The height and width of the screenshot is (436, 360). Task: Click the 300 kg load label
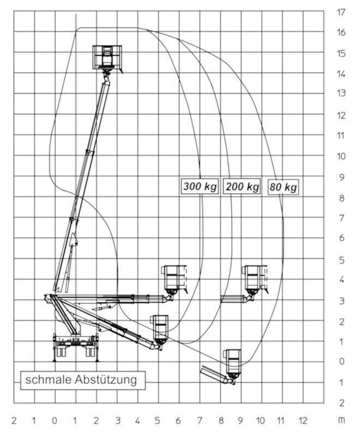[x=200, y=186]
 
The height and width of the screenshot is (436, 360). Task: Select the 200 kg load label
[x=242, y=186]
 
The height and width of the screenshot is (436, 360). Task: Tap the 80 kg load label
[x=283, y=187]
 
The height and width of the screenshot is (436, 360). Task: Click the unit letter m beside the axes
[x=341, y=421]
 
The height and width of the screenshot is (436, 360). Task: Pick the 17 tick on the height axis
[x=341, y=12]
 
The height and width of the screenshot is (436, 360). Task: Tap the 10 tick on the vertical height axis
[x=341, y=156]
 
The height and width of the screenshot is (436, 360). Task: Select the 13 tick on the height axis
[x=341, y=93]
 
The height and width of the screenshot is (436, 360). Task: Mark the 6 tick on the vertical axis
[x=341, y=238]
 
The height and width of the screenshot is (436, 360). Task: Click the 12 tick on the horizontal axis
[x=303, y=421]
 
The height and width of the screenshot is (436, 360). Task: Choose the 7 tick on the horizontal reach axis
[x=200, y=421]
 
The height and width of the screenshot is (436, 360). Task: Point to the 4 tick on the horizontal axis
[x=137, y=421]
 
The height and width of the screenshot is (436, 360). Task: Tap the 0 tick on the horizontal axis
[x=55, y=421]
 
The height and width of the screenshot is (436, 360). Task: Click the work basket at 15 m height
[x=107, y=58]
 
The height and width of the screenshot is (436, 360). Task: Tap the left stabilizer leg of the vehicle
[x=54, y=348]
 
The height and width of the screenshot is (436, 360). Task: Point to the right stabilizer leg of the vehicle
[x=97, y=348]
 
